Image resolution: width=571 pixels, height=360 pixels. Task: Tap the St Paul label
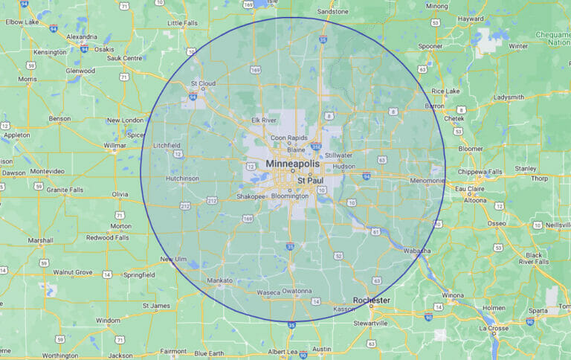point(309,180)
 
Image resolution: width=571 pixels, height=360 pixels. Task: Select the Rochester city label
point(371,300)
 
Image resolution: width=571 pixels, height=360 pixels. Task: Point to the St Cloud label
point(203,83)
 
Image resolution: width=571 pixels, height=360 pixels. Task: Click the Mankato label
point(220,280)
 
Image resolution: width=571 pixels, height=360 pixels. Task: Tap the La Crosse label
point(494,327)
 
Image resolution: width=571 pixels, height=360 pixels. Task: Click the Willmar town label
point(114,146)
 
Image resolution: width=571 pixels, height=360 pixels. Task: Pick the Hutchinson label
point(182,179)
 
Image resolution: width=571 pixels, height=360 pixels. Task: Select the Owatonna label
point(297,292)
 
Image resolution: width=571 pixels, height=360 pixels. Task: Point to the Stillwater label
point(338,155)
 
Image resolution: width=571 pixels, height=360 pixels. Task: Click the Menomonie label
point(427,180)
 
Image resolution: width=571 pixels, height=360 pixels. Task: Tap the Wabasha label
point(417,251)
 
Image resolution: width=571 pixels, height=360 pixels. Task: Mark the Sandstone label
point(332,12)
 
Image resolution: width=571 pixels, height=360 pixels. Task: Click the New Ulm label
point(174,259)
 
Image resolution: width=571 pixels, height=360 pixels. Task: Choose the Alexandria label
point(82,36)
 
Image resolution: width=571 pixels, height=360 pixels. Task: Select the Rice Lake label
point(446,91)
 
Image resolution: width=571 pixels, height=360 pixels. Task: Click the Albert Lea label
point(283,351)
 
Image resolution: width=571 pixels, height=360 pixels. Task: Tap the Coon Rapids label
point(288,138)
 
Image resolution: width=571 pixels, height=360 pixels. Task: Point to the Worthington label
point(60,356)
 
